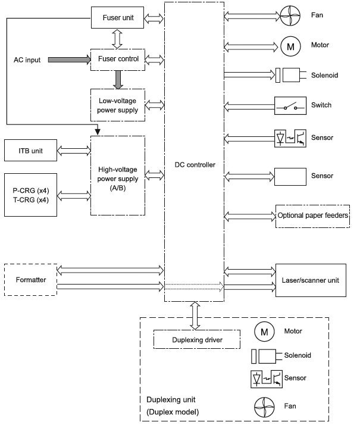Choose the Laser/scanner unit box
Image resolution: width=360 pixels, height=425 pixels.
click(309, 280)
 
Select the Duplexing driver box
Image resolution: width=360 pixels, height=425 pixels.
click(196, 340)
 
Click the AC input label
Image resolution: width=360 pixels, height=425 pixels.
click(27, 60)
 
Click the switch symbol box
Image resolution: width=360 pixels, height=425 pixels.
click(290, 106)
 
